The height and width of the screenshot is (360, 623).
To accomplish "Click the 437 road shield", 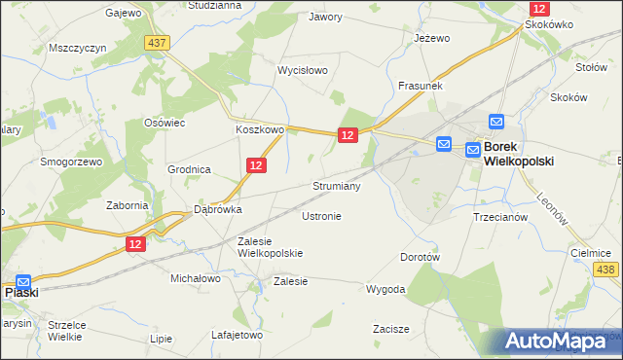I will click(x=156, y=43).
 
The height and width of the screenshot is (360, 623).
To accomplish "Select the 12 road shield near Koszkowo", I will click(x=256, y=166).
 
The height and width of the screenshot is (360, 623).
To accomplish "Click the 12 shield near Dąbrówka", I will click(x=136, y=244).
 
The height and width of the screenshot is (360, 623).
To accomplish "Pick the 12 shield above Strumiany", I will click(x=348, y=137).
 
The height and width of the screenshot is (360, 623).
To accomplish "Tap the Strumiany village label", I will click(x=337, y=185).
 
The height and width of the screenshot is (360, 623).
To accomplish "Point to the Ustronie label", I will click(x=321, y=216).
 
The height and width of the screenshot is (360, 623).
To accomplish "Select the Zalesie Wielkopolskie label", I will click(x=270, y=247).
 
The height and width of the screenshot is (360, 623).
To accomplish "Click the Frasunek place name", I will click(x=421, y=87).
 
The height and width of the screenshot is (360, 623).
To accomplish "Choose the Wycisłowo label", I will click(x=303, y=71).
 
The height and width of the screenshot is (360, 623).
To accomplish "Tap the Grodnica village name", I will click(x=189, y=169).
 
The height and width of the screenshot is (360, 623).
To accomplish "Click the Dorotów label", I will click(x=421, y=258).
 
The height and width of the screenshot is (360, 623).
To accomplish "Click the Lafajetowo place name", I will click(x=238, y=335).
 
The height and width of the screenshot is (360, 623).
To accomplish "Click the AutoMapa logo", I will click(x=561, y=341).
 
